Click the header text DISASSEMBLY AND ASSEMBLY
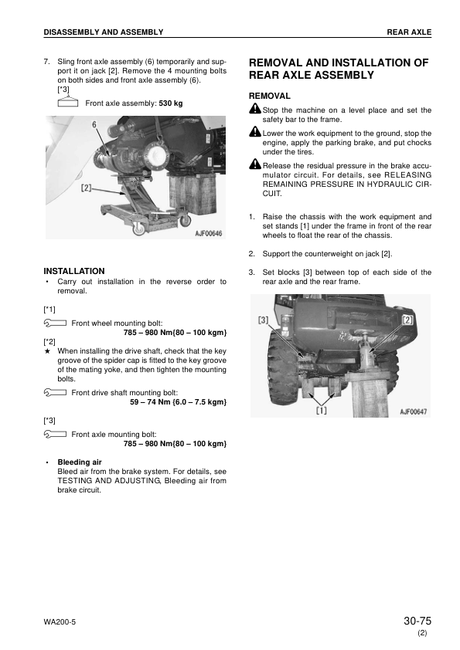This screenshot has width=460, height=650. pyautogui.click(x=104, y=32)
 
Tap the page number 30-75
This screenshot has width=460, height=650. pyautogui.click(x=417, y=621)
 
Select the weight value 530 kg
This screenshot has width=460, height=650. pyautogui.click(x=171, y=103)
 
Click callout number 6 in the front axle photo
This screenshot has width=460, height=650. pyautogui.click(x=94, y=124)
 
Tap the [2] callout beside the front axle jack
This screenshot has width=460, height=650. pyautogui.click(x=86, y=187)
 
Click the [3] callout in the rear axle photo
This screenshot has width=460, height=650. pyautogui.click(x=264, y=320)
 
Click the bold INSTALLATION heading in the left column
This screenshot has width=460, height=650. pyautogui.click(x=74, y=271)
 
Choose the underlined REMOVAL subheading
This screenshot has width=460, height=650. pyautogui.click(x=270, y=96)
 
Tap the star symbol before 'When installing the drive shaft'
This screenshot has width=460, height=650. pyautogui.click(x=48, y=351)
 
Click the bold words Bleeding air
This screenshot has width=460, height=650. pyautogui.click(x=80, y=462)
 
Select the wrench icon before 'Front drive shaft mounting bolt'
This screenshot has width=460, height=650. pyautogui.click(x=55, y=392)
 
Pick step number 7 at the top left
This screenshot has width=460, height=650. pyautogui.click(x=46, y=60)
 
